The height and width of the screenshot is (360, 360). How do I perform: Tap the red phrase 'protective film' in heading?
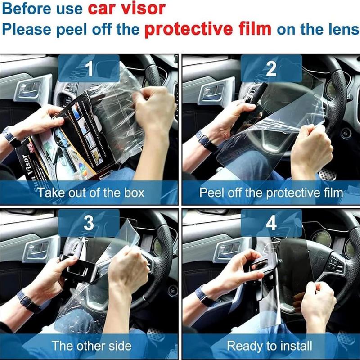coord(208,29)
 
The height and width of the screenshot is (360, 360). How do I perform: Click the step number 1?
coord(89,69)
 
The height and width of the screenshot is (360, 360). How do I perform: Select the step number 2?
coord(271,69)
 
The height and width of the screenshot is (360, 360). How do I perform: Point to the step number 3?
coord(89,224)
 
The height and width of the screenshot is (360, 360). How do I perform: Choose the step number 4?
coord(271,224)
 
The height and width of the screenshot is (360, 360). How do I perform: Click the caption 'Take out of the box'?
coord(91,193)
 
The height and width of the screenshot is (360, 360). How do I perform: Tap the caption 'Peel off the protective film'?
coord(271,193)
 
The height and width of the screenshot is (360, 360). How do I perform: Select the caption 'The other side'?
coord(91,346)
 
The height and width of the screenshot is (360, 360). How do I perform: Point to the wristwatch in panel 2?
coord(206,141)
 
